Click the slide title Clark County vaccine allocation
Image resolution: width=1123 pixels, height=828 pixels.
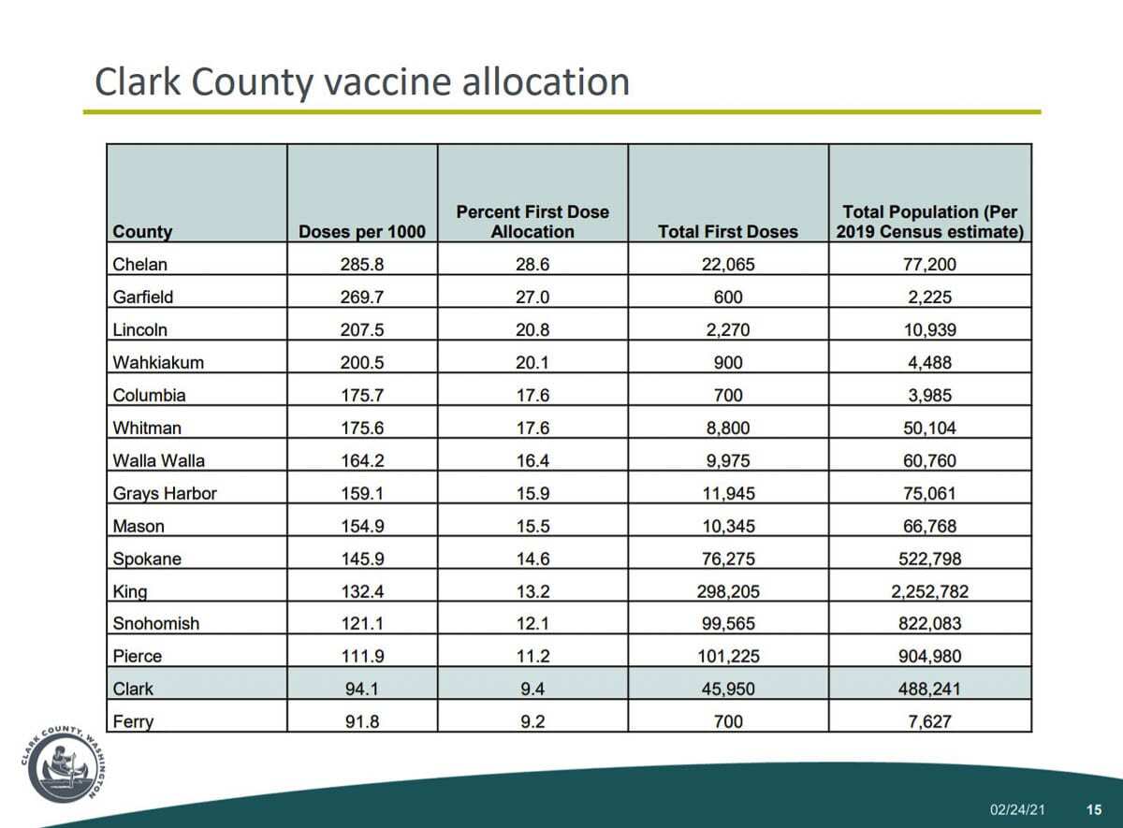362,82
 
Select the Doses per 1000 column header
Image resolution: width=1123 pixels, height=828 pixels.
361,232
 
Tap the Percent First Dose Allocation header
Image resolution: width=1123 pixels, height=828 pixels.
532,222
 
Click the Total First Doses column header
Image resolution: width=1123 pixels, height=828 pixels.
727,232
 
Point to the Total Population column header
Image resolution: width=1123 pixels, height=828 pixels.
929,222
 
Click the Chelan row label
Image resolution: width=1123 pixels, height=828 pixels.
139,265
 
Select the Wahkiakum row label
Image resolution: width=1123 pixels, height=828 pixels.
157,363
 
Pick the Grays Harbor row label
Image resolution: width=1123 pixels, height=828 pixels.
164,493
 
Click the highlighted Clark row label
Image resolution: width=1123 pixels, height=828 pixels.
133,689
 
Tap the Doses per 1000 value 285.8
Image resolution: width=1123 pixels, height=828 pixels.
362,265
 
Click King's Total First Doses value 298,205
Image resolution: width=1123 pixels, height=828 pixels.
727,591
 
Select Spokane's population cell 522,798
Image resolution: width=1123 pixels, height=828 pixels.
929,559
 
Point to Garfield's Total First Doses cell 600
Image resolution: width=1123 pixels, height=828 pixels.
727,298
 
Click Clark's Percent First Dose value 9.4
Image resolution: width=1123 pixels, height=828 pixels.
532,689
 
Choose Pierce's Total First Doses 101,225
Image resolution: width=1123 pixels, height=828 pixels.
727,657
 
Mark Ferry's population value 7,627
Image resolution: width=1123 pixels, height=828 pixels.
929,721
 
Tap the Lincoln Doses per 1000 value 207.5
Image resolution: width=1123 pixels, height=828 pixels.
362,330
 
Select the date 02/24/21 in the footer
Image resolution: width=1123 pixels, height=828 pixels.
1017,809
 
